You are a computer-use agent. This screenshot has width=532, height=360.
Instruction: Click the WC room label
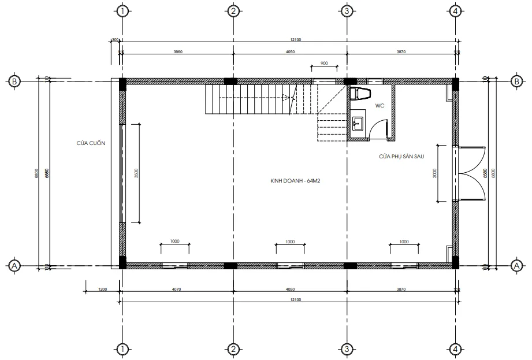tap(380, 106)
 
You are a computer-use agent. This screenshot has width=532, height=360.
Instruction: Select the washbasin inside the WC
tap(358, 122)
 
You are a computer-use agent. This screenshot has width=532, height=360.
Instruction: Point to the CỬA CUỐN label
tap(91, 143)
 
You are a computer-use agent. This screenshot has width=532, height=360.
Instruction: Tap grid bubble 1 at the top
tap(122, 11)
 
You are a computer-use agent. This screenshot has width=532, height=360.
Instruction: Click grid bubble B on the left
tap(14, 81)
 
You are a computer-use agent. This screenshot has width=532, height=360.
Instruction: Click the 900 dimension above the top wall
tap(323, 63)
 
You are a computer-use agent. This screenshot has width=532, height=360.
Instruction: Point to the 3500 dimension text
tap(136, 173)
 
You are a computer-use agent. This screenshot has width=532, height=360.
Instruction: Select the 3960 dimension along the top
tap(178, 52)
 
